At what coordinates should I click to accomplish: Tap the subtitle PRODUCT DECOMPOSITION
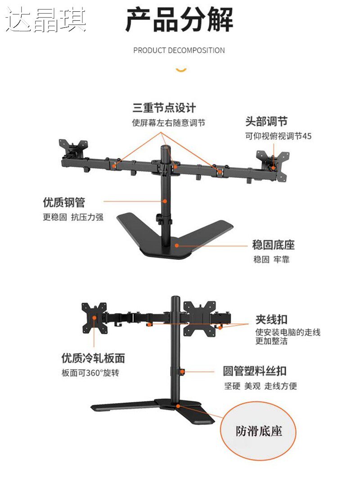(179, 50)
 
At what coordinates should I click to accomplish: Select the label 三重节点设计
(164, 108)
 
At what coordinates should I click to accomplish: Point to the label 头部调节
(266, 121)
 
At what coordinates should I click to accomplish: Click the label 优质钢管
(64, 202)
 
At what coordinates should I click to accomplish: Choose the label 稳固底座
(274, 246)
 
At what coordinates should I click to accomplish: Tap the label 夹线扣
(271, 320)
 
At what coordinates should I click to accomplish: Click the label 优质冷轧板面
(93, 359)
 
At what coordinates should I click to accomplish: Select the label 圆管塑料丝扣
(255, 372)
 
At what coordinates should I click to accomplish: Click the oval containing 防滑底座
(259, 431)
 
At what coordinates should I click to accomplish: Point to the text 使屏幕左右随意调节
(169, 123)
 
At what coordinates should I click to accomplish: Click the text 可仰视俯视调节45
(278, 136)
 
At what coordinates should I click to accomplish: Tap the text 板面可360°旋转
(90, 373)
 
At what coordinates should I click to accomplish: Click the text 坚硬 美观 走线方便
(261, 386)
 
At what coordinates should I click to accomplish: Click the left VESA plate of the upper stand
(73, 148)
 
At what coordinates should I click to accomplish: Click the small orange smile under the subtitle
(181, 69)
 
